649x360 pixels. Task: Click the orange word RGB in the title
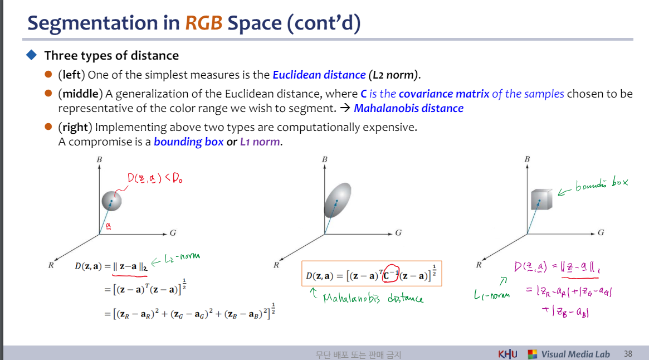(x=204, y=23)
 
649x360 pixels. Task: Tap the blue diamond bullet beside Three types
(x=31, y=55)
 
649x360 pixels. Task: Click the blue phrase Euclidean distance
(x=319, y=75)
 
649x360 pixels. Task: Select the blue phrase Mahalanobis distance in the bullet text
(x=408, y=109)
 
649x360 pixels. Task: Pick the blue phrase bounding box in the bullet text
(x=189, y=142)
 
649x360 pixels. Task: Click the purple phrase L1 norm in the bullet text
(x=260, y=142)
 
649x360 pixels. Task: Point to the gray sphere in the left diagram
(x=112, y=201)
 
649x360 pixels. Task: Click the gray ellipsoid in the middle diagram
(x=338, y=200)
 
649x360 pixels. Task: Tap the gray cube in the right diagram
(x=541, y=200)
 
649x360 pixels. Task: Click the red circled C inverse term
(x=391, y=274)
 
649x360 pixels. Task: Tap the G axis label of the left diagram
(x=173, y=233)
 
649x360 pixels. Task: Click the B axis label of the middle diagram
(x=324, y=159)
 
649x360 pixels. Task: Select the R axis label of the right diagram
(x=479, y=265)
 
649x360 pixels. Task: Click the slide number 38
(x=628, y=354)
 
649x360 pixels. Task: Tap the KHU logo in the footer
(x=508, y=354)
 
